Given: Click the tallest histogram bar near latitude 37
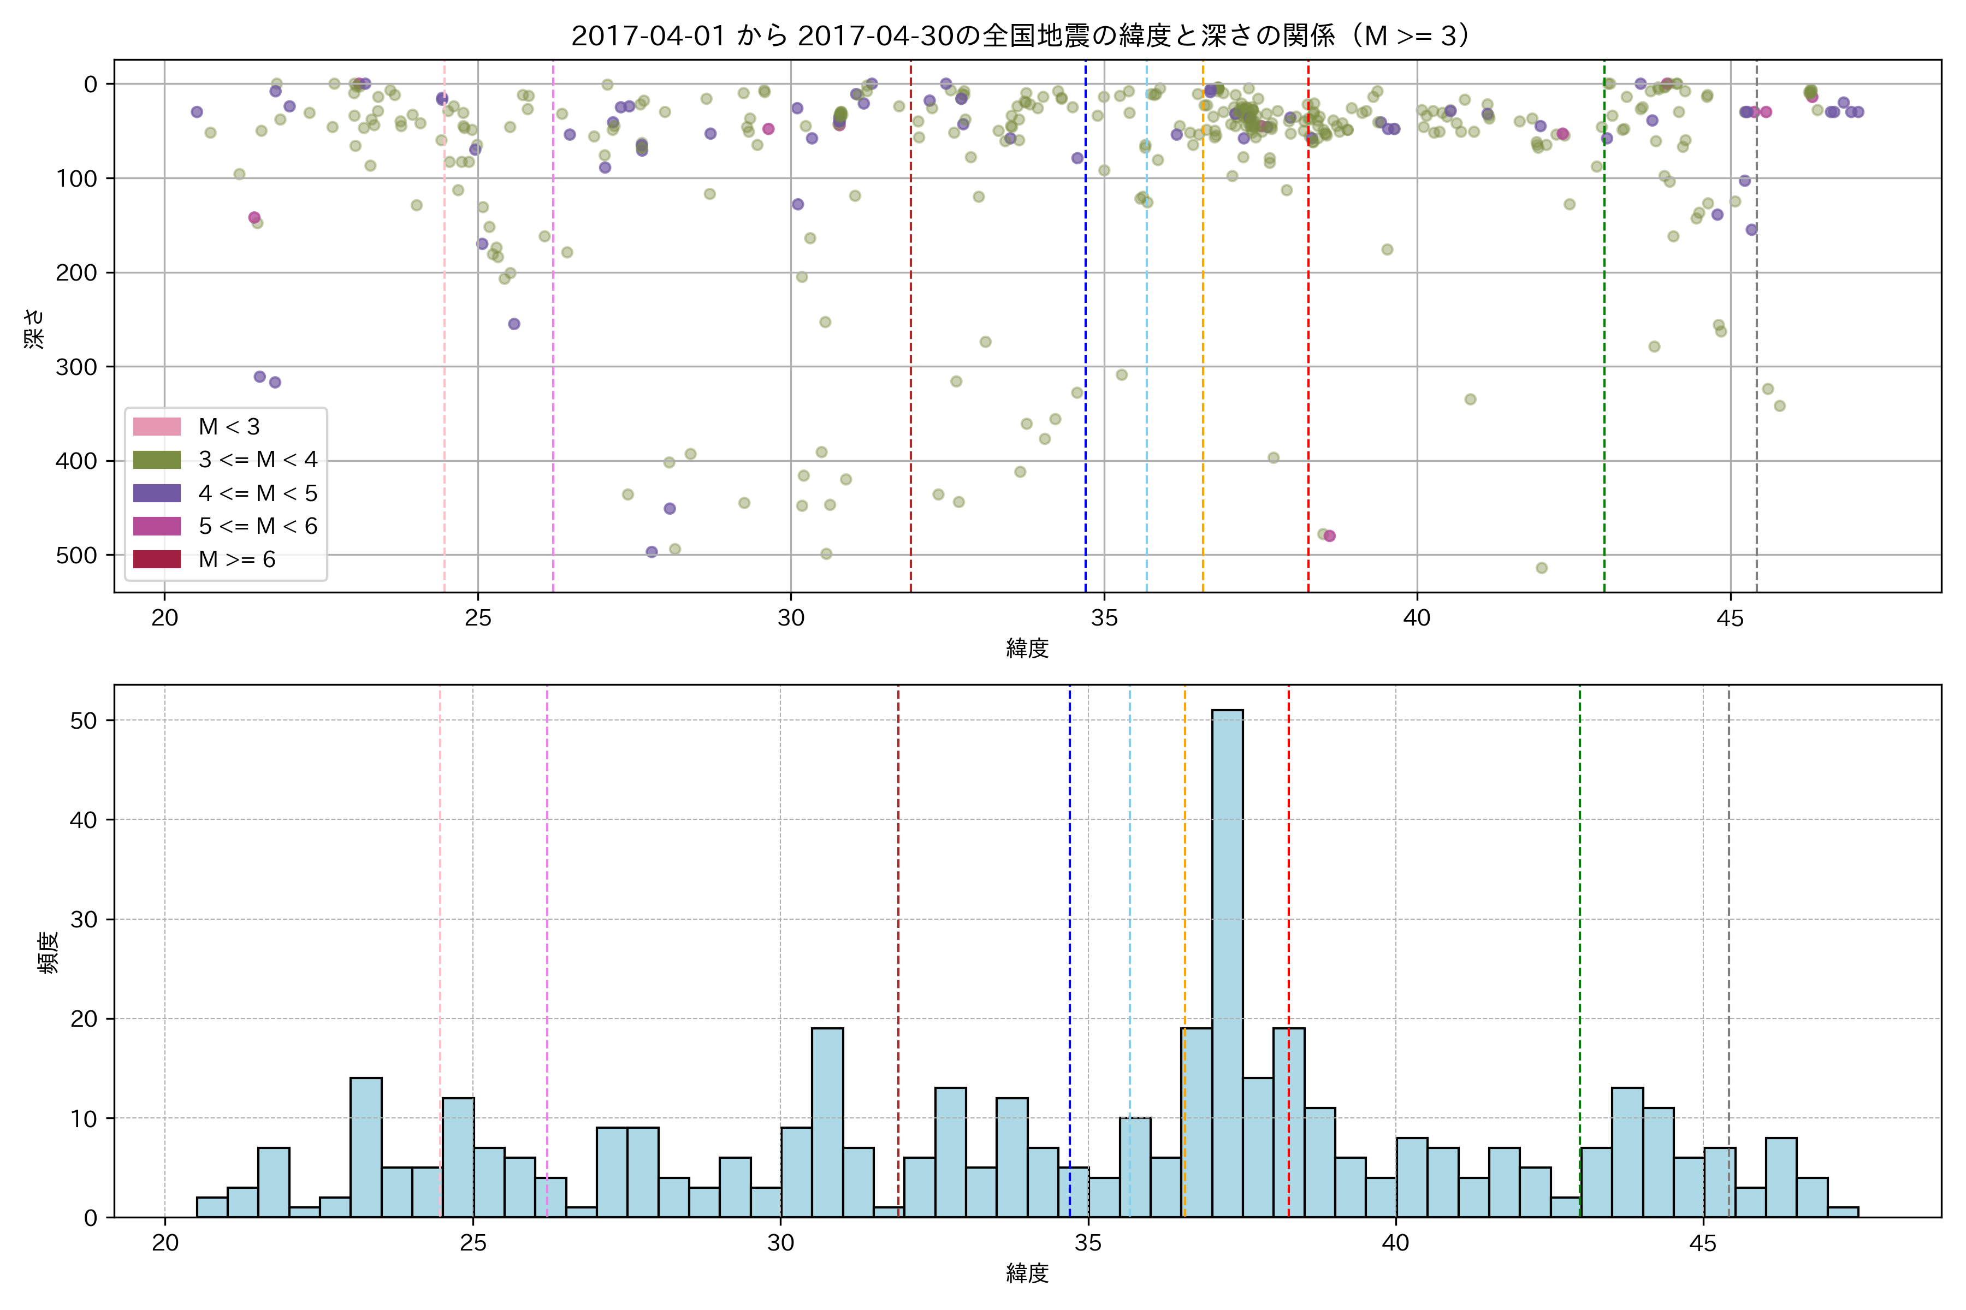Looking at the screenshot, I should pos(1227,961).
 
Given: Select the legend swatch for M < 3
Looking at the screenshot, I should pos(157,427).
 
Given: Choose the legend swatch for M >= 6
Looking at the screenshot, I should pos(157,559).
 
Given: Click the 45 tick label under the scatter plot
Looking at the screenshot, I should pos(1730,618).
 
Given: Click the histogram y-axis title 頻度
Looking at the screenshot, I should pos(49,952).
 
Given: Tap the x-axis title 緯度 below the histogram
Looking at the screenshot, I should pos(1027,1273).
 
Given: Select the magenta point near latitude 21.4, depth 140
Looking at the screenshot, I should pos(254,218).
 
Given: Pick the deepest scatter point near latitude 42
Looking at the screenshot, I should pos(1541,568).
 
